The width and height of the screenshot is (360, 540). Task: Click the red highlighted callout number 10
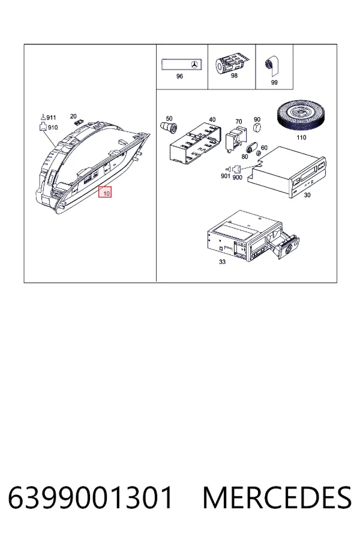tap(106, 193)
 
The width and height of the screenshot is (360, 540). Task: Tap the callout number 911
tap(51, 118)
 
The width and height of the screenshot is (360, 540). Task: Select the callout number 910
tap(53, 127)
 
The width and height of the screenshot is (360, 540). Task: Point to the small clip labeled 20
tap(78, 122)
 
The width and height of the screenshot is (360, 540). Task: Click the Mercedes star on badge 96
tap(194, 64)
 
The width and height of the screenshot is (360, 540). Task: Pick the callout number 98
tap(234, 76)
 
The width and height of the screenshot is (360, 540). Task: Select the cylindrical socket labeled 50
tap(169, 127)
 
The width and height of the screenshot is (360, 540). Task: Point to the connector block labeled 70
tap(236, 138)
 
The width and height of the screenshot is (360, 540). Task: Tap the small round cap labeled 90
tap(257, 127)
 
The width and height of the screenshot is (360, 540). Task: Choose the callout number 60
tap(264, 148)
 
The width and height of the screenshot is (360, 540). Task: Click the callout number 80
tap(245, 157)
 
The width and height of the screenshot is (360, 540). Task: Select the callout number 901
tap(226, 176)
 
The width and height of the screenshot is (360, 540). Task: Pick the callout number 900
tap(238, 178)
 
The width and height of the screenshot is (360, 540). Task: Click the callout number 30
tap(307, 195)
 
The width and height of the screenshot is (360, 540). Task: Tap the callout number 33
tap(222, 262)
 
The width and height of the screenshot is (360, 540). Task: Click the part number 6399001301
tap(90, 497)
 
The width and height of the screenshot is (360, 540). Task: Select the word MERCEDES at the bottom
tap(277, 497)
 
